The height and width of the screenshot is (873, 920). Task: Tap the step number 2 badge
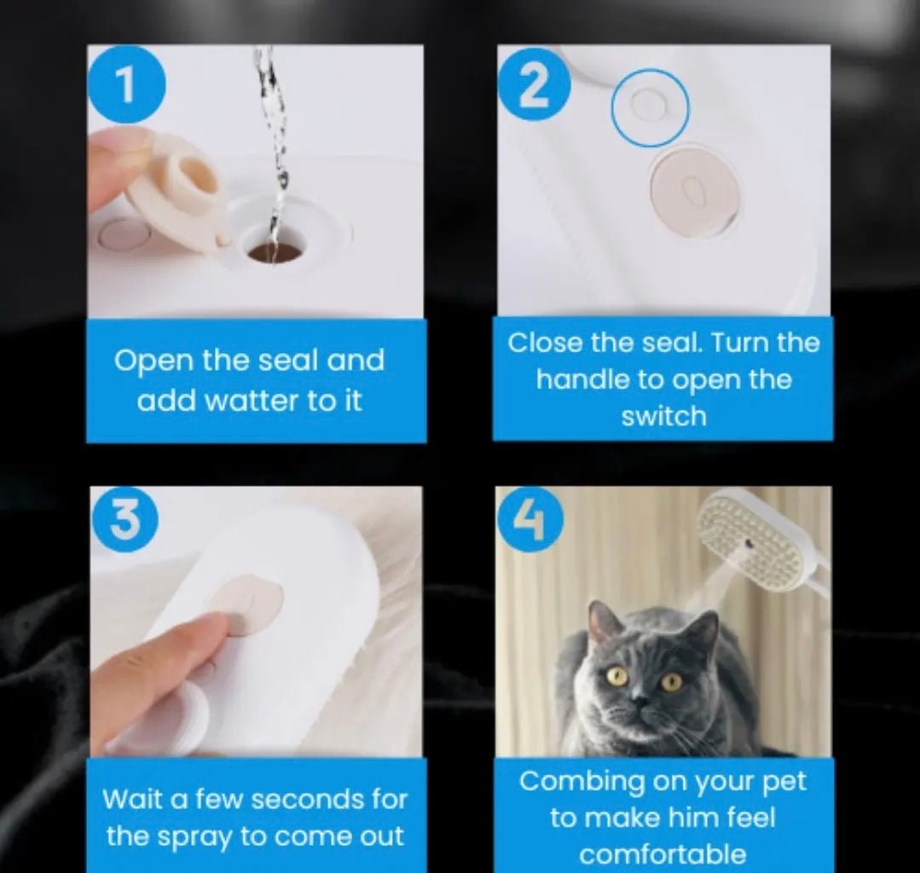click(534, 84)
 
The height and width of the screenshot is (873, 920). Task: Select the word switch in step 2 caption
click(663, 417)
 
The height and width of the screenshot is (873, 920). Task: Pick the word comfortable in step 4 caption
click(663, 854)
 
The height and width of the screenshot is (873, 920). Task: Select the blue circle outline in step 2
click(650, 107)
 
